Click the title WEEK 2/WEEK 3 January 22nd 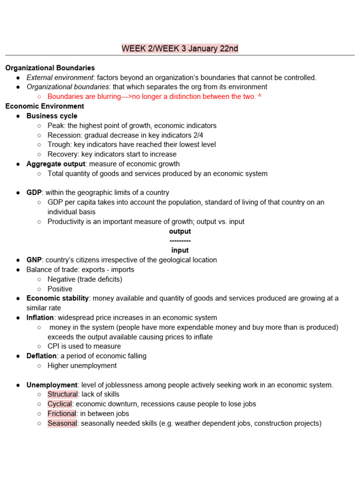pyautogui.click(x=180, y=49)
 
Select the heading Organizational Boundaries pyautogui.click(x=50, y=68)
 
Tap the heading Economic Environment pyautogui.click(x=45, y=106)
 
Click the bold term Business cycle pyautogui.click(x=52, y=116)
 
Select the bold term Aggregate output pyautogui.click(x=56, y=164)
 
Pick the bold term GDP pyautogui.click(x=34, y=193)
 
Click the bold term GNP pyautogui.click(x=34, y=260)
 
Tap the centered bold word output pyautogui.click(x=180, y=232)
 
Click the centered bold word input pyautogui.click(x=180, y=250)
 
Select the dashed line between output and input pyautogui.click(x=180, y=241)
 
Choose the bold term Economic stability pyautogui.click(x=58, y=298)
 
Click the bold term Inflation pyautogui.click(x=40, y=317)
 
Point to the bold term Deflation pyautogui.click(x=41, y=356)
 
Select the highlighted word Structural pyautogui.click(x=62, y=394)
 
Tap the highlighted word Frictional pyautogui.click(x=62, y=413)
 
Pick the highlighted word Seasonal pyautogui.click(x=62, y=423)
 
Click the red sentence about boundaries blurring pyautogui.click(x=154, y=97)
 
